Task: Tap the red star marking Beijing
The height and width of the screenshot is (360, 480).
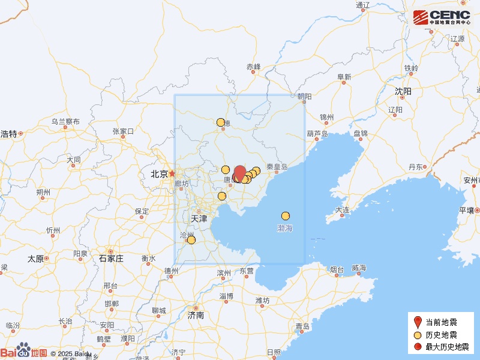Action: [x=172, y=173]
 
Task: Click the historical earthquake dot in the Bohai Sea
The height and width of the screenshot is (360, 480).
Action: [x=286, y=216]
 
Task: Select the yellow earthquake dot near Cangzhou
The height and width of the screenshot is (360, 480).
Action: [x=191, y=240]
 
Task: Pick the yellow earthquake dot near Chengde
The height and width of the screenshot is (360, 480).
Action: [x=221, y=122]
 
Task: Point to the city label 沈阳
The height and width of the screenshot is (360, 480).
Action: [x=403, y=91]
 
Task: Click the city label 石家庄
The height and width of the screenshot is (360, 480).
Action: [x=111, y=258]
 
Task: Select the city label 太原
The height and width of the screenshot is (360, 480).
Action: [x=35, y=259]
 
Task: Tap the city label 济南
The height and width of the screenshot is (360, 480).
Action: [x=196, y=314]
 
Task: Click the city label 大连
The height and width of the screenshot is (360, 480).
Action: [x=343, y=210]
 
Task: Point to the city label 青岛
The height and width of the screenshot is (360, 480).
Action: [x=302, y=326]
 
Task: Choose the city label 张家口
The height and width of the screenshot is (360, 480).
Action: [x=123, y=131]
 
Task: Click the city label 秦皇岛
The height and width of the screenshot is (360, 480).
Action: [x=277, y=167]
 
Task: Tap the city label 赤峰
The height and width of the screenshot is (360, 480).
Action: [x=254, y=67]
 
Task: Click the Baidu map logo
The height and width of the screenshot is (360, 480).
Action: [x=24, y=352]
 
